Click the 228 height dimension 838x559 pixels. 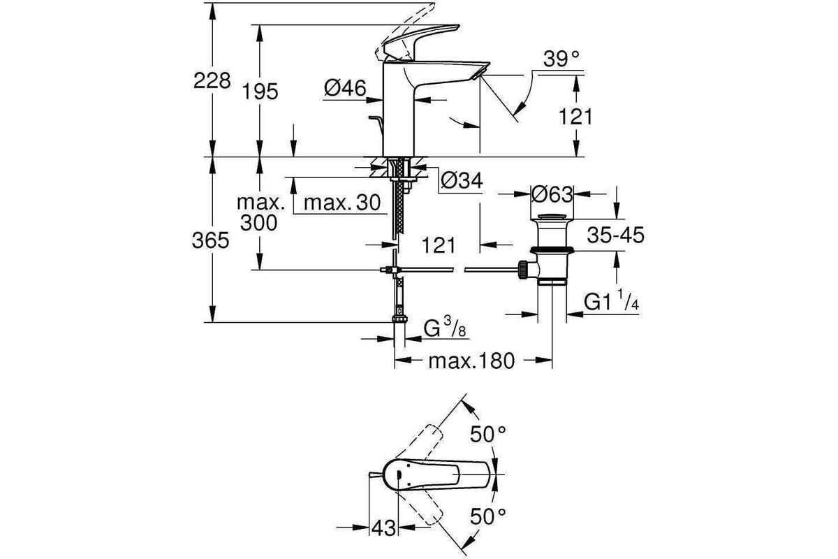pyautogui.click(x=212, y=81)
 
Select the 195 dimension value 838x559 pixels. pyautogui.click(x=260, y=92)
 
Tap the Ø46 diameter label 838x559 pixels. pyautogui.click(x=345, y=88)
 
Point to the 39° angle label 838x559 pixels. pyautogui.click(x=561, y=59)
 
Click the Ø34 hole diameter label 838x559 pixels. pyautogui.click(x=462, y=180)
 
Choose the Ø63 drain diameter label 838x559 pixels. pyautogui.click(x=552, y=194)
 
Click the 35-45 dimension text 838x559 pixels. pyautogui.click(x=615, y=235)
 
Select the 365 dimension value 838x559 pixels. pyautogui.click(x=210, y=240)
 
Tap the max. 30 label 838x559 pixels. pyautogui.click(x=342, y=203)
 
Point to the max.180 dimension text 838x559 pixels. pyautogui.click(x=471, y=361)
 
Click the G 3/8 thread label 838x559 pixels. pyautogui.click(x=445, y=327)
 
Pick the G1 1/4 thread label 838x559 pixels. pyautogui.click(x=611, y=300)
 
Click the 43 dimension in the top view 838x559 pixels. pyautogui.click(x=383, y=528)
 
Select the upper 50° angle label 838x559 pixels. pyautogui.click(x=488, y=435)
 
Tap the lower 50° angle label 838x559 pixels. pyautogui.click(x=488, y=516)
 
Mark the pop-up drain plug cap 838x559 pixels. pyautogui.click(x=552, y=217)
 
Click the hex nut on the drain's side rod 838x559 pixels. pyautogui.click(x=522, y=270)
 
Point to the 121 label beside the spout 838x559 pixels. pyautogui.click(x=575, y=117)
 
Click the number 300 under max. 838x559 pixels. pyautogui.click(x=258, y=223)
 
